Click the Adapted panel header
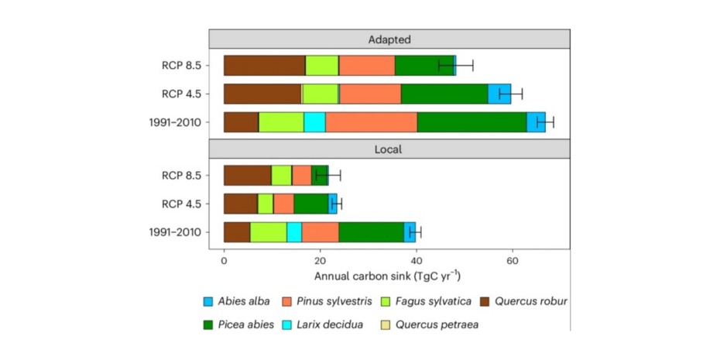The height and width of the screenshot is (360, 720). click(389, 39)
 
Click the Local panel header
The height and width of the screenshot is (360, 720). click(389, 147)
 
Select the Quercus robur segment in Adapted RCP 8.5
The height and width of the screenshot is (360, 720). click(264, 66)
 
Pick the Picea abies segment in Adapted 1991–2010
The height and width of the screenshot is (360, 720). click(471, 122)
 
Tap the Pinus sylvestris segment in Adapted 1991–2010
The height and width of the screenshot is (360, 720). click(371, 122)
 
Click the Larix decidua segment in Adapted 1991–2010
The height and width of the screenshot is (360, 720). click(314, 122)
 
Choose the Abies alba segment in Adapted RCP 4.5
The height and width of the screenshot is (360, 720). click(499, 94)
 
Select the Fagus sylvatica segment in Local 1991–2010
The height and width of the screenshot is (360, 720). click(268, 231)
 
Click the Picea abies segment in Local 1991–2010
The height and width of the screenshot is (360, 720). click(371, 231)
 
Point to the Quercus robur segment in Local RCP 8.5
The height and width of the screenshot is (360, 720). click(247, 175)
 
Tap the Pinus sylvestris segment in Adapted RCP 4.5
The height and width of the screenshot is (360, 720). click(370, 94)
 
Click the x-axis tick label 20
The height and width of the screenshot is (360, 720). click(320, 261)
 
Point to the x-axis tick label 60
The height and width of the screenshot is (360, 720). click(512, 261)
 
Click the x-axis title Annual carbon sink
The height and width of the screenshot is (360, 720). click(388, 276)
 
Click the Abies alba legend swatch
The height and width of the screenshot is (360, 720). click(208, 300)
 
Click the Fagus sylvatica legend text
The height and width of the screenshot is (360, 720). click(427, 300)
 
